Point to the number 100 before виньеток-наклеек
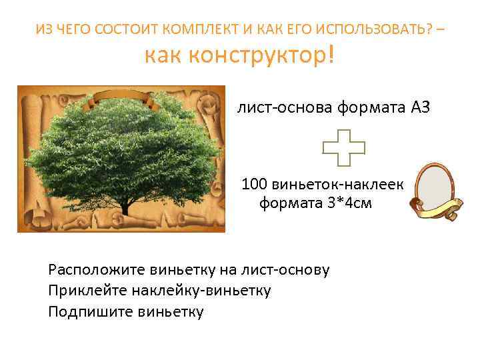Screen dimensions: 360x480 tap(254, 183)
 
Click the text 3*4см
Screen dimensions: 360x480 tap(349, 203)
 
